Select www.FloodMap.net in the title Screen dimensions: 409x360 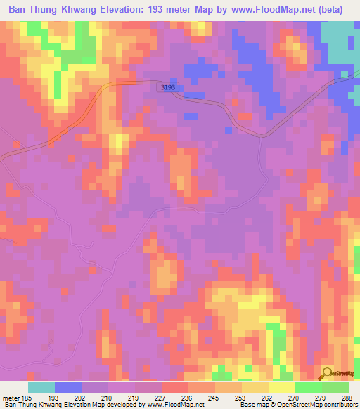267,10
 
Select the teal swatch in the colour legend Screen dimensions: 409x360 41,387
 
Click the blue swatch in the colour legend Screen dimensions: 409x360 68,387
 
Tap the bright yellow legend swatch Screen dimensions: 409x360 282,387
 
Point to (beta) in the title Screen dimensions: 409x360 329,10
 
